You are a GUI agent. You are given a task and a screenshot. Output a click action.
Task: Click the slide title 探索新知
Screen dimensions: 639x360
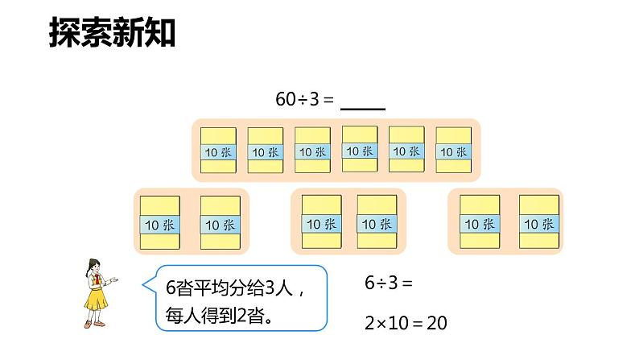coord(112,33)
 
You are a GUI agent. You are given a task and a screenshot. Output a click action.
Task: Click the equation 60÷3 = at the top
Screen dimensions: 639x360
coord(304,99)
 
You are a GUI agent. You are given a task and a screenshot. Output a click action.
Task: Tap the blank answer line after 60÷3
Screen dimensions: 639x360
coord(363,103)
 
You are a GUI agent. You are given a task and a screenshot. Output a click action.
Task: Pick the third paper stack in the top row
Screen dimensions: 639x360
coord(311,151)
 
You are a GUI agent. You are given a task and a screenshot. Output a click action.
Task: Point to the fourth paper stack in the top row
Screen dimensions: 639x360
coord(359,150)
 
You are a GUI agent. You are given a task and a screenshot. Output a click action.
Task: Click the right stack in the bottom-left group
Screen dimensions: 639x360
coord(220,224)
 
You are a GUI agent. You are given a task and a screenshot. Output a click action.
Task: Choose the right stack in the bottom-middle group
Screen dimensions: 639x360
coord(377,224)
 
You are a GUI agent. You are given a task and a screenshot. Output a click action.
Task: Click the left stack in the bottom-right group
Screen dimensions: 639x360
coord(477,224)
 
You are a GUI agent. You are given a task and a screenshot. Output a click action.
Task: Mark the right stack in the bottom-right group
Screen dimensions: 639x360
coord(538,224)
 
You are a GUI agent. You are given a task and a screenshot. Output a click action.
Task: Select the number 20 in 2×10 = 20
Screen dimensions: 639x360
coord(436,324)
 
